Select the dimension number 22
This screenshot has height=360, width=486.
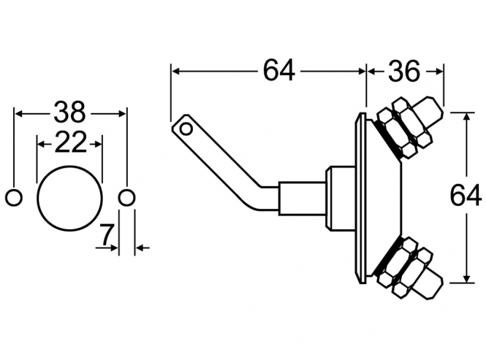point(70,142)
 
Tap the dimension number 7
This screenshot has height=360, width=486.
point(106,235)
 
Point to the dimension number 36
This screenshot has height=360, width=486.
point(403,71)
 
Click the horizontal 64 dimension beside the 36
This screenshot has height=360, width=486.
point(278,71)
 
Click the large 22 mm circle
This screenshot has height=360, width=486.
point(69,196)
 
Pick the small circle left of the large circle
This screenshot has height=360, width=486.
point(14,196)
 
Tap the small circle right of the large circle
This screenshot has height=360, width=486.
point(126,196)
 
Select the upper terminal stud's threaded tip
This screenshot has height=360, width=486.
point(433,113)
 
